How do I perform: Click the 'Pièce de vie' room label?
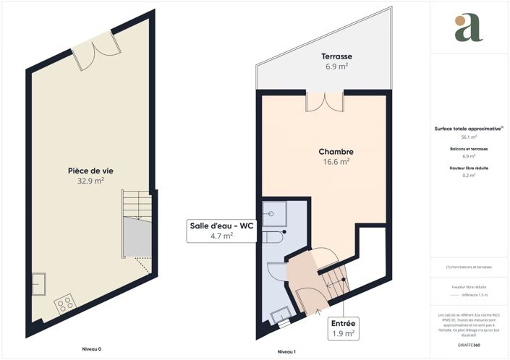(x=90, y=171)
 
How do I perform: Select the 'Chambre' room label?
(x=336, y=152)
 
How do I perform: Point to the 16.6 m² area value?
(x=336, y=163)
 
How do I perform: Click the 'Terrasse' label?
(x=336, y=56)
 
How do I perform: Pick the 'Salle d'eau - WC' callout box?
(x=221, y=230)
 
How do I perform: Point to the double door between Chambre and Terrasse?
(x=323, y=103)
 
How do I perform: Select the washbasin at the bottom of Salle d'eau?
(x=280, y=316)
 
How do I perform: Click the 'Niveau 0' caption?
(x=90, y=349)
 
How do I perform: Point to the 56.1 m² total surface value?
(x=468, y=137)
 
